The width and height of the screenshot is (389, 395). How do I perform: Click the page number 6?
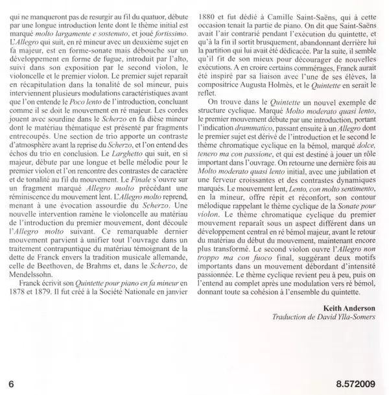tap(11, 379)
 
